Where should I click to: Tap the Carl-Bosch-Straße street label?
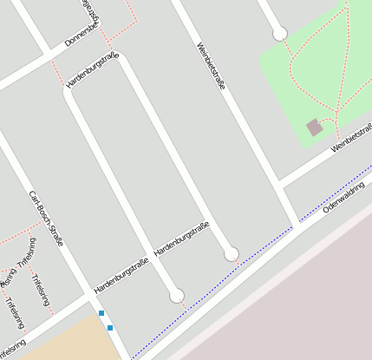click(x=46, y=217)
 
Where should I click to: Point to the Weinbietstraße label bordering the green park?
click(x=351, y=138)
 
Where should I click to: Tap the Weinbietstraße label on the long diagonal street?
click(x=211, y=67)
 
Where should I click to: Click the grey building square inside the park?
click(x=314, y=128)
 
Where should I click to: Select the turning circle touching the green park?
click(x=279, y=34)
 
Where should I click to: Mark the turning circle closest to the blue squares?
click(x=177, y=296)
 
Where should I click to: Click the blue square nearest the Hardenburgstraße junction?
click(x=101, y=313)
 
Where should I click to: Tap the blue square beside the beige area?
click(x=110, y=328)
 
